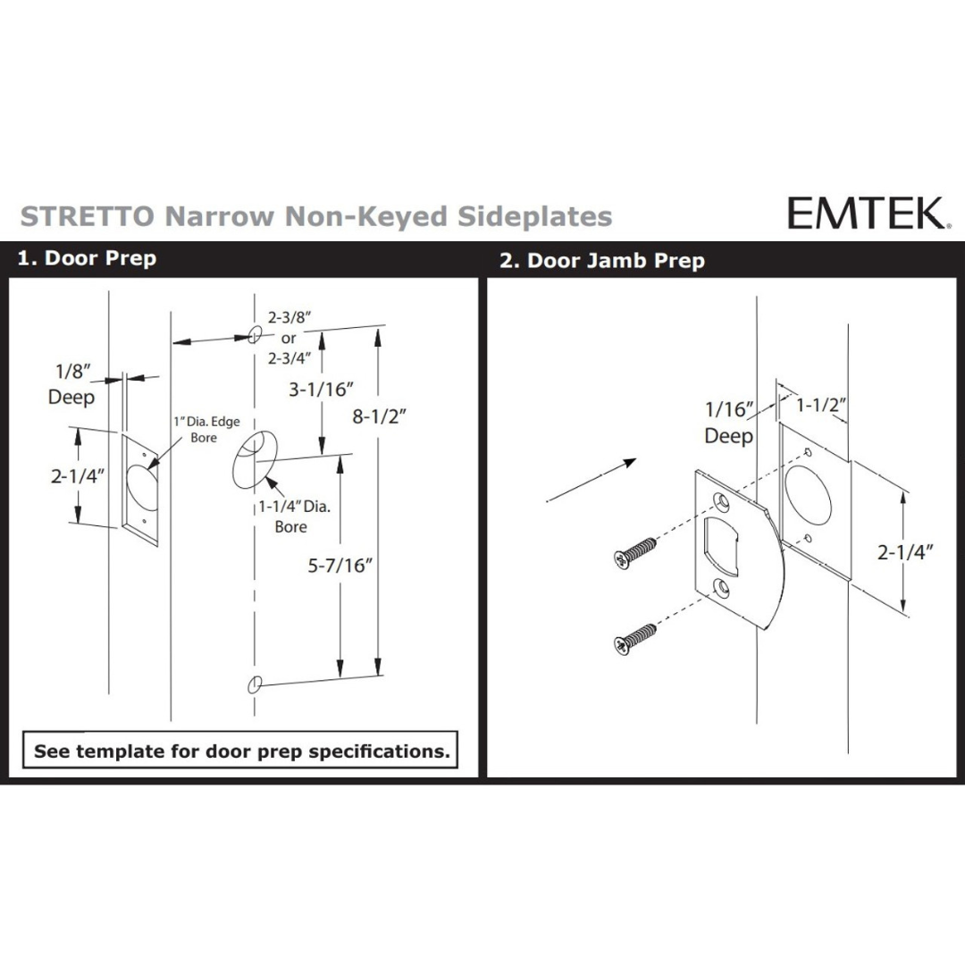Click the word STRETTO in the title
pos(88,216)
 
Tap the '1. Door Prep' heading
pos(87,258)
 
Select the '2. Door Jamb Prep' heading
pos(602,260)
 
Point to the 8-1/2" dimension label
pos(379,416)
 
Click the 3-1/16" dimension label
pos(322,389)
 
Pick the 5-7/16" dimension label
pos(340,565)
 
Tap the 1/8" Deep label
pos(71,384)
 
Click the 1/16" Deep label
pos(729,422)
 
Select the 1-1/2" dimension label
pos(821,405)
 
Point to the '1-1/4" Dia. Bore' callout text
pos(294,516)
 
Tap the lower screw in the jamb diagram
pos(635,638)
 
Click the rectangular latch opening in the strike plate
pos(721,541)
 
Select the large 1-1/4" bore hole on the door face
pos(255,460)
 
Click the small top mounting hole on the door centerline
pos(255,334)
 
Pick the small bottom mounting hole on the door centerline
pos(255,684)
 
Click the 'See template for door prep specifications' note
pos(240,751)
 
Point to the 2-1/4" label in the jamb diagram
pos(905,552)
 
